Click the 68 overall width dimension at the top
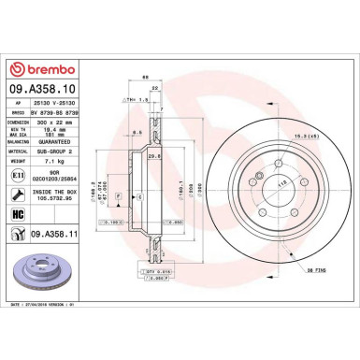146,77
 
